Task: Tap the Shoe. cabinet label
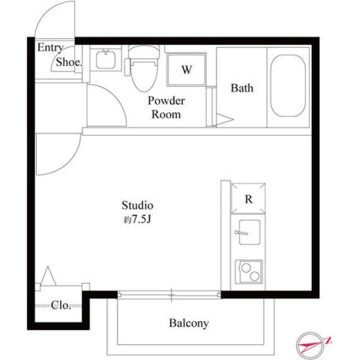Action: tap(67, 63)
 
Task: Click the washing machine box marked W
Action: tap(187, 71)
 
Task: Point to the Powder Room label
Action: tap(166, 107)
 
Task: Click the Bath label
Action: tap(241, 88)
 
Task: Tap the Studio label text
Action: tap(138, 205)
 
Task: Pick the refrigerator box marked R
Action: tap(247, 199)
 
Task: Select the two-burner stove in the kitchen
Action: tap(247, 271)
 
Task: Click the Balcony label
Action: tap(188, 324)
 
